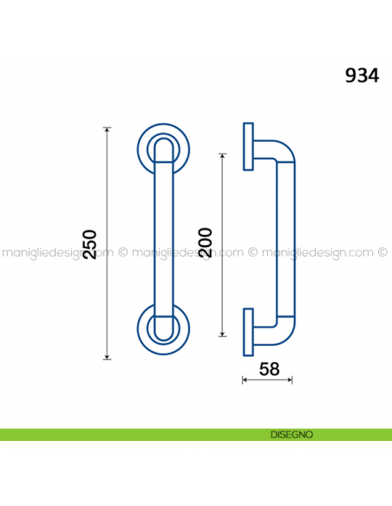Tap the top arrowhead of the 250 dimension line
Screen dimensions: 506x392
[107, 131]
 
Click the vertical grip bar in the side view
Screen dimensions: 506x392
[284, 243]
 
